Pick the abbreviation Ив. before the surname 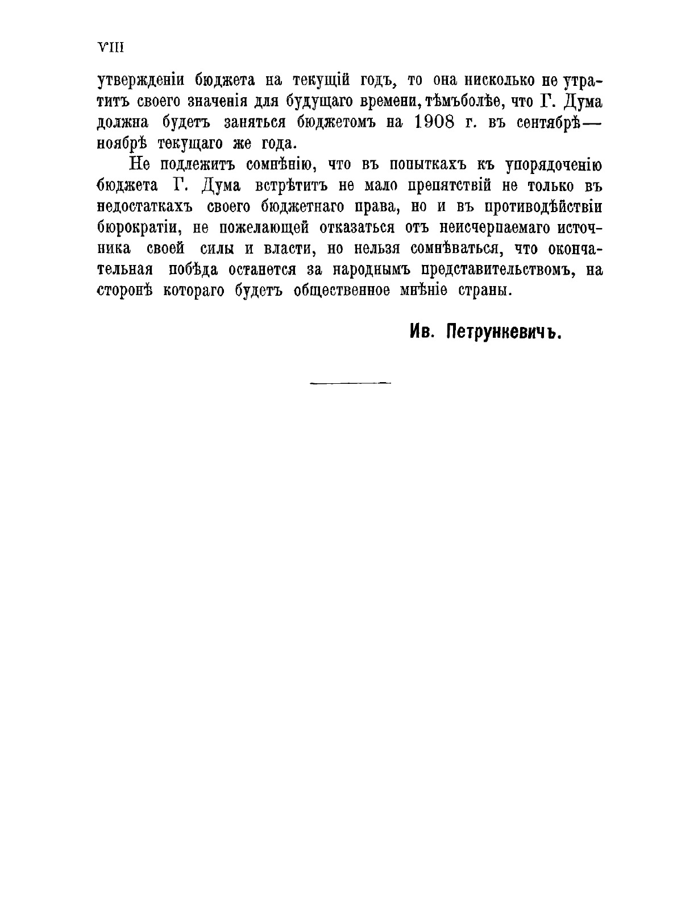pos(422,332)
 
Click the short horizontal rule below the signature pos(350,383)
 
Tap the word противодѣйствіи pos(541,207)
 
